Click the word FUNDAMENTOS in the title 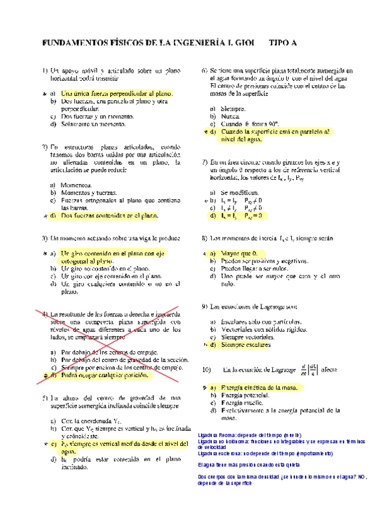point(71,43)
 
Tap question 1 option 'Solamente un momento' point(93,123)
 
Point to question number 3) point(44,239)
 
